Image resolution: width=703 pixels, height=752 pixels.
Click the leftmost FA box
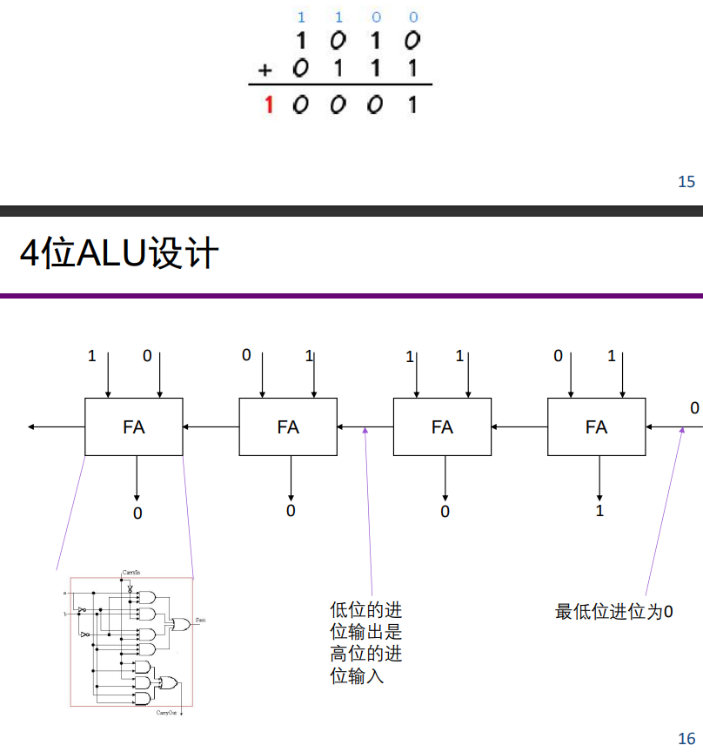tap(134, 426)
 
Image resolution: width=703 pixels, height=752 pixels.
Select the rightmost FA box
tap(596, 426)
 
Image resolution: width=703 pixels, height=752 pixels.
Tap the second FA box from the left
tap(288, 426)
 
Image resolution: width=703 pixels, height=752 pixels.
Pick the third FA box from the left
tap(442, 426)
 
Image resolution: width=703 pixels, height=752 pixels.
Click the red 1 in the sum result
tap(269, 105)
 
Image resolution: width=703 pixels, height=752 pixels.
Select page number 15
tap(686, 182)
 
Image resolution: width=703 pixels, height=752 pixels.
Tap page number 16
tap(686, 738)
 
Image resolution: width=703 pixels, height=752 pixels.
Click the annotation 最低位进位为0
tap(614, 612)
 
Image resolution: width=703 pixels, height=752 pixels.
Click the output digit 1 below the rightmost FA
tap(599, 511)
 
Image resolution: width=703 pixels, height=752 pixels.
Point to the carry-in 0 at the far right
tap(694, 408)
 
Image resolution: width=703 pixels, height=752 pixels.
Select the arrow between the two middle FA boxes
tap(365, 426)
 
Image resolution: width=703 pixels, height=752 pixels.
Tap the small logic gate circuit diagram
tap(131, 642)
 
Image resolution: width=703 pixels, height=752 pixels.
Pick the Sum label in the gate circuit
tap(200, 619)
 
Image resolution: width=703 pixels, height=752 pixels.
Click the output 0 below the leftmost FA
tap(137, 514)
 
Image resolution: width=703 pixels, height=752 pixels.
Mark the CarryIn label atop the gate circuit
tap(131, 572)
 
